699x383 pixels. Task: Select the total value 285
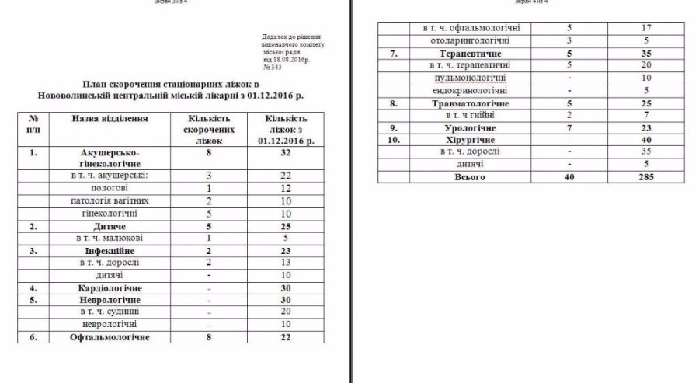click(643, 177)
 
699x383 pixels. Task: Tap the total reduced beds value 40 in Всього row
click(569, 177)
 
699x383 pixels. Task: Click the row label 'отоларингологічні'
click(464, 40)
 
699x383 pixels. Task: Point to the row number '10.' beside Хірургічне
click(395, 140)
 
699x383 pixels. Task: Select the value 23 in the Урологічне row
click(643, 127)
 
